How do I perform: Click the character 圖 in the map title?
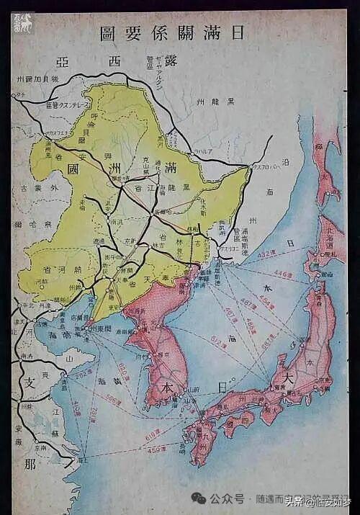[x=109, y=33]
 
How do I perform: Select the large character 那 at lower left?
[x=29, y=464]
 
